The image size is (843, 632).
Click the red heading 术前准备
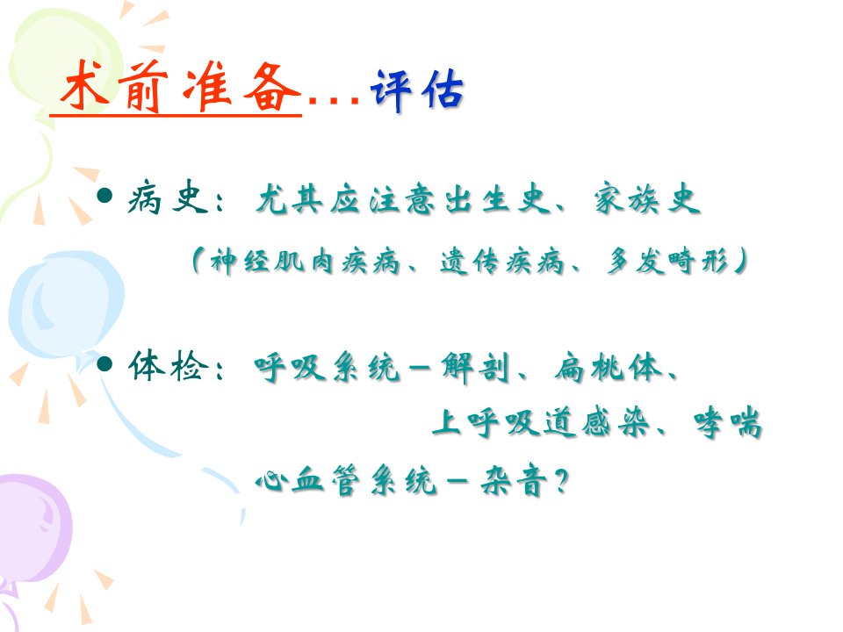tap(179, 86)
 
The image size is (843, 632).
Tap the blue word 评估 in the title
tap(417, 90)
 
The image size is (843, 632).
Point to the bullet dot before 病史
tap(104, 196)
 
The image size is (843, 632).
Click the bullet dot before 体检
tap(104, 364)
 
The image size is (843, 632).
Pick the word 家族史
tap(647, 199)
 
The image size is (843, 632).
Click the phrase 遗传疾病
tap(502, 262)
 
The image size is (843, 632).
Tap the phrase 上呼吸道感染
tap(541, 422)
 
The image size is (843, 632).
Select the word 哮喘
tap(728, 422)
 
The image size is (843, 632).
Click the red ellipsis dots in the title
tap(334, 100)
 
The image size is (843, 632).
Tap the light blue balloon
tap(66, 305)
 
